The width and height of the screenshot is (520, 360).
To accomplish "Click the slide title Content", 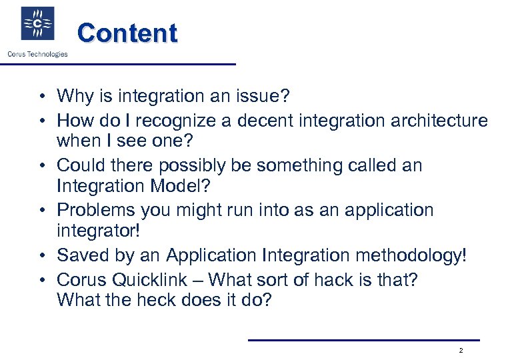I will point(127,33).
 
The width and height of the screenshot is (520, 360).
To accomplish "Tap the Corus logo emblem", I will point(38,25).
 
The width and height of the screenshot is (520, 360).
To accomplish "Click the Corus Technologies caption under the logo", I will point(37,54).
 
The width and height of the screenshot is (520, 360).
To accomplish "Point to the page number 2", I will point(461,351).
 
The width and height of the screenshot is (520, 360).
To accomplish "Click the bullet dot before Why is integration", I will point(41,97).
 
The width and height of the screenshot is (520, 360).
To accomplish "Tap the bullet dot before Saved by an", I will point(41,256).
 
